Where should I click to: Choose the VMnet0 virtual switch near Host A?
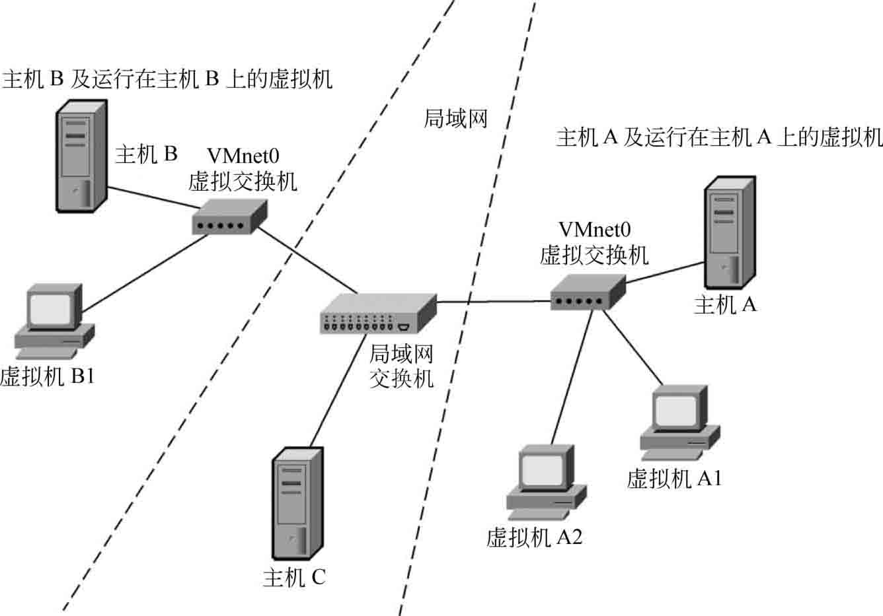click(x=588, y=292)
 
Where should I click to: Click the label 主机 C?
click(x=294, y=578)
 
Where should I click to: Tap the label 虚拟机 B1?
click(x=47, y=377)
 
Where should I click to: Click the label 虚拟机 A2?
click(x=534, y=537)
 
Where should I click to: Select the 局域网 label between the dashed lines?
click(x=455, y=118)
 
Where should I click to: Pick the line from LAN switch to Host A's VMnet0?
click(x=492, y=302)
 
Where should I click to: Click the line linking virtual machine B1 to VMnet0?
click(x=145, y=272)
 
